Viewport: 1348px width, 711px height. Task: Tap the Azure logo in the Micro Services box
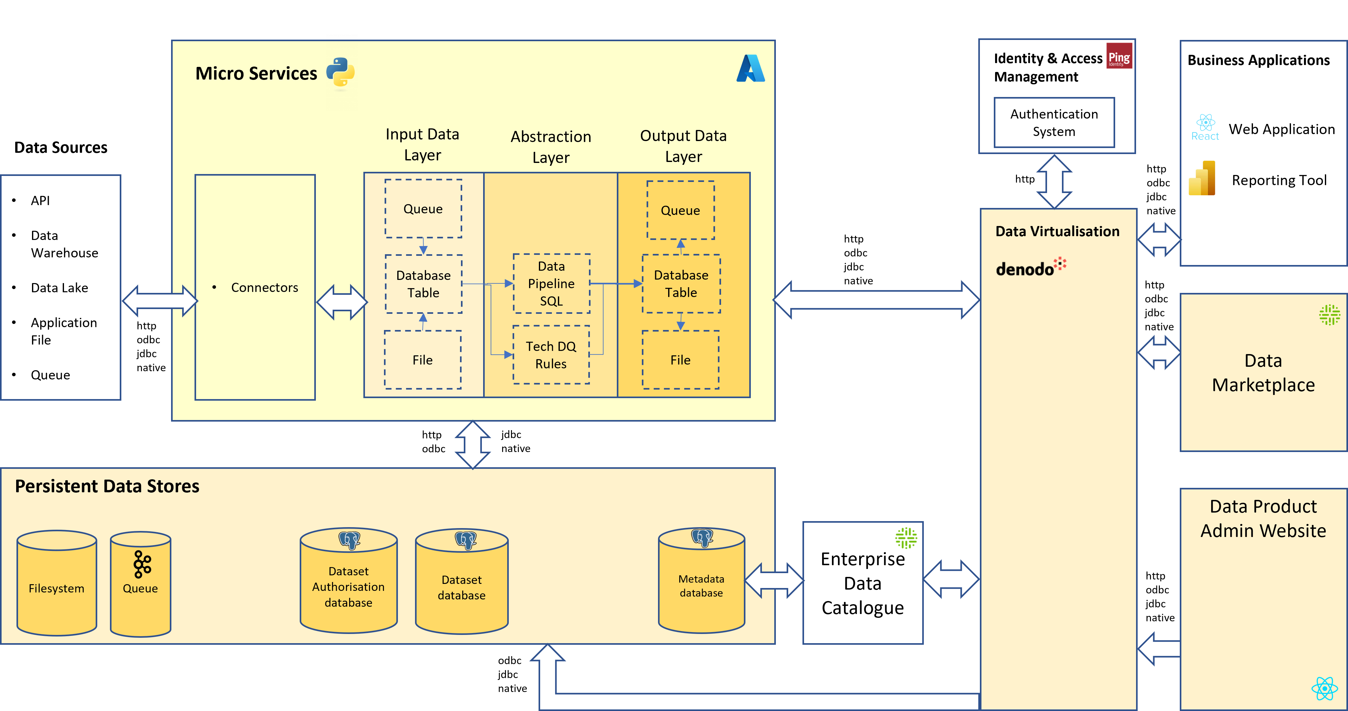(751, 68)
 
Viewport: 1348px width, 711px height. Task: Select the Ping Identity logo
(1119, 56)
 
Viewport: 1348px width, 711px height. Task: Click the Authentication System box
(1054, 122)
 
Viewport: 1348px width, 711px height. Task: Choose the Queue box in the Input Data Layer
(423, 208)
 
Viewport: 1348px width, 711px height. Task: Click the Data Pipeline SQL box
(551, 283)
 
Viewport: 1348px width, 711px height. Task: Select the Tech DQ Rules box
(551, 354)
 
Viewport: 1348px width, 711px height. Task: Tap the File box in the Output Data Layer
(680, 360)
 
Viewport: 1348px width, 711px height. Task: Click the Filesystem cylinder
(56, 583)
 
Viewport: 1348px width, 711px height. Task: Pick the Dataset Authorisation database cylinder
(348, 580)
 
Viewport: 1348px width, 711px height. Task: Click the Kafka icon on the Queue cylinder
(142, 564)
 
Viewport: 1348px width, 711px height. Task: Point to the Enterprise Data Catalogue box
(863, 583)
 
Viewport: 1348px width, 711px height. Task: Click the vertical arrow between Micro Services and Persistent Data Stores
(473, 444)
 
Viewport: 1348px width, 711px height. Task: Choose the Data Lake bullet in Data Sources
(59, 288)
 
